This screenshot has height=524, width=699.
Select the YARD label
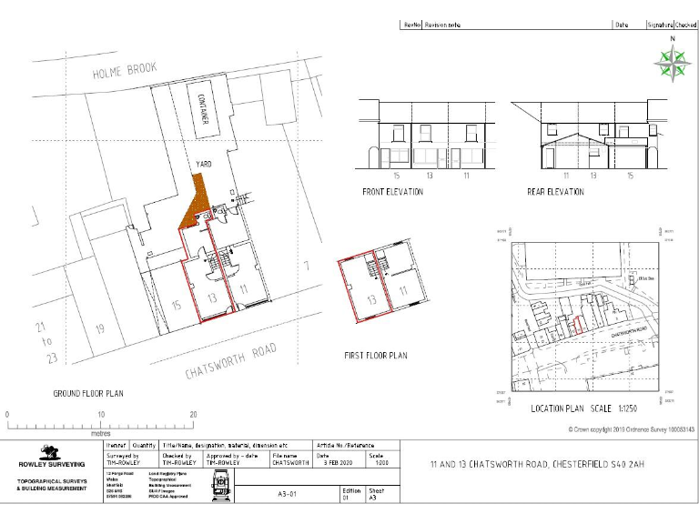coord(204,163)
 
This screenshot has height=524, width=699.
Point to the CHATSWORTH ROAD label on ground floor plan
coord(229,361)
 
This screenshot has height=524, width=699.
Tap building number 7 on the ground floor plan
coord(308,267)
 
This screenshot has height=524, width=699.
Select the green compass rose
coord(672,62)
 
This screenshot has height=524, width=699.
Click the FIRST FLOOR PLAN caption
coord(375,355)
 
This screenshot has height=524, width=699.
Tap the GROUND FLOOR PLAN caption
coord(88,393)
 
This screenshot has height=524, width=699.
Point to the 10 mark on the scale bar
coord(100,415)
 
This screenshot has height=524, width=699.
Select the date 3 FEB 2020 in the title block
coord(337,463)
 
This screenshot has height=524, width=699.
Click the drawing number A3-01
coord(289,494)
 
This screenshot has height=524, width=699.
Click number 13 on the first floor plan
coord(371,298)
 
